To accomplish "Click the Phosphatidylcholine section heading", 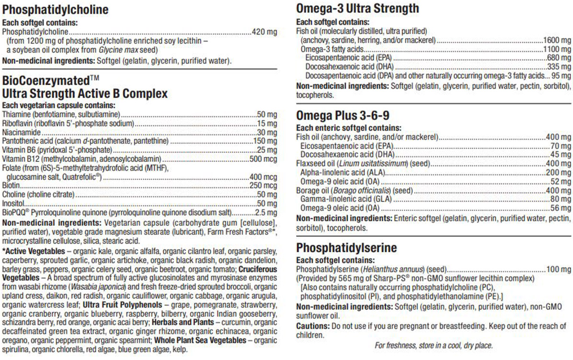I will [x=55, y=10].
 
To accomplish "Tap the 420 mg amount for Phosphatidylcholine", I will [x=265, y=32].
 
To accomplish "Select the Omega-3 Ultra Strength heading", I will [x=357, y=9].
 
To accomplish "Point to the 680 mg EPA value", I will [x=559, y=58].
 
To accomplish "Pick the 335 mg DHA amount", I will [x=559, y=67].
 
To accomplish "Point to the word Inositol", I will [x=13, y=203].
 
